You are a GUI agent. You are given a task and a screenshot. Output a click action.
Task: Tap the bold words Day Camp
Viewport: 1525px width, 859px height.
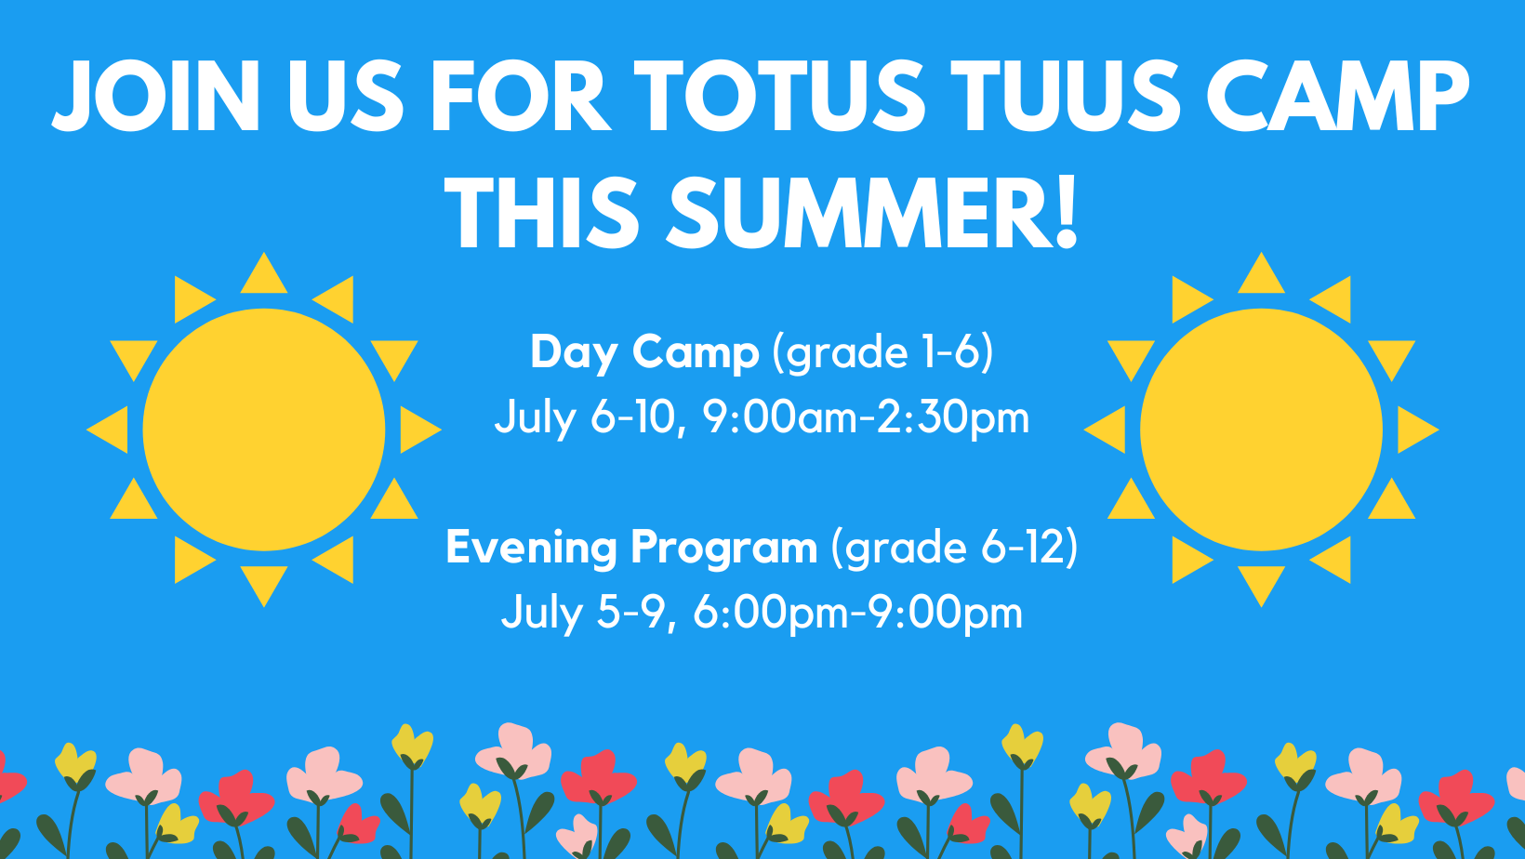[x=644, y=353]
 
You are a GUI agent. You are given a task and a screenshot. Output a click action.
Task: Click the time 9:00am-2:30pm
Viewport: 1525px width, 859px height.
[x=866, y=417]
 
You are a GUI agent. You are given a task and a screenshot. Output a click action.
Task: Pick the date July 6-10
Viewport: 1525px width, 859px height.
[x=590, y=417]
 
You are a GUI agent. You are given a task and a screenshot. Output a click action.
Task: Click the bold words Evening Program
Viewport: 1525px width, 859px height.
[x=631, y=548]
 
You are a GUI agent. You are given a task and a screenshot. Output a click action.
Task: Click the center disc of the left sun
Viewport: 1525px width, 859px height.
[x=264, y=429]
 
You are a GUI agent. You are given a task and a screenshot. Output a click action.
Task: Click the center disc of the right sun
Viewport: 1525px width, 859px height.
[x=1261, y=429]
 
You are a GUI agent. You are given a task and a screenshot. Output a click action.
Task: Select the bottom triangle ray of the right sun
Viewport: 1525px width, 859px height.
[x=1261, y=583]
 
